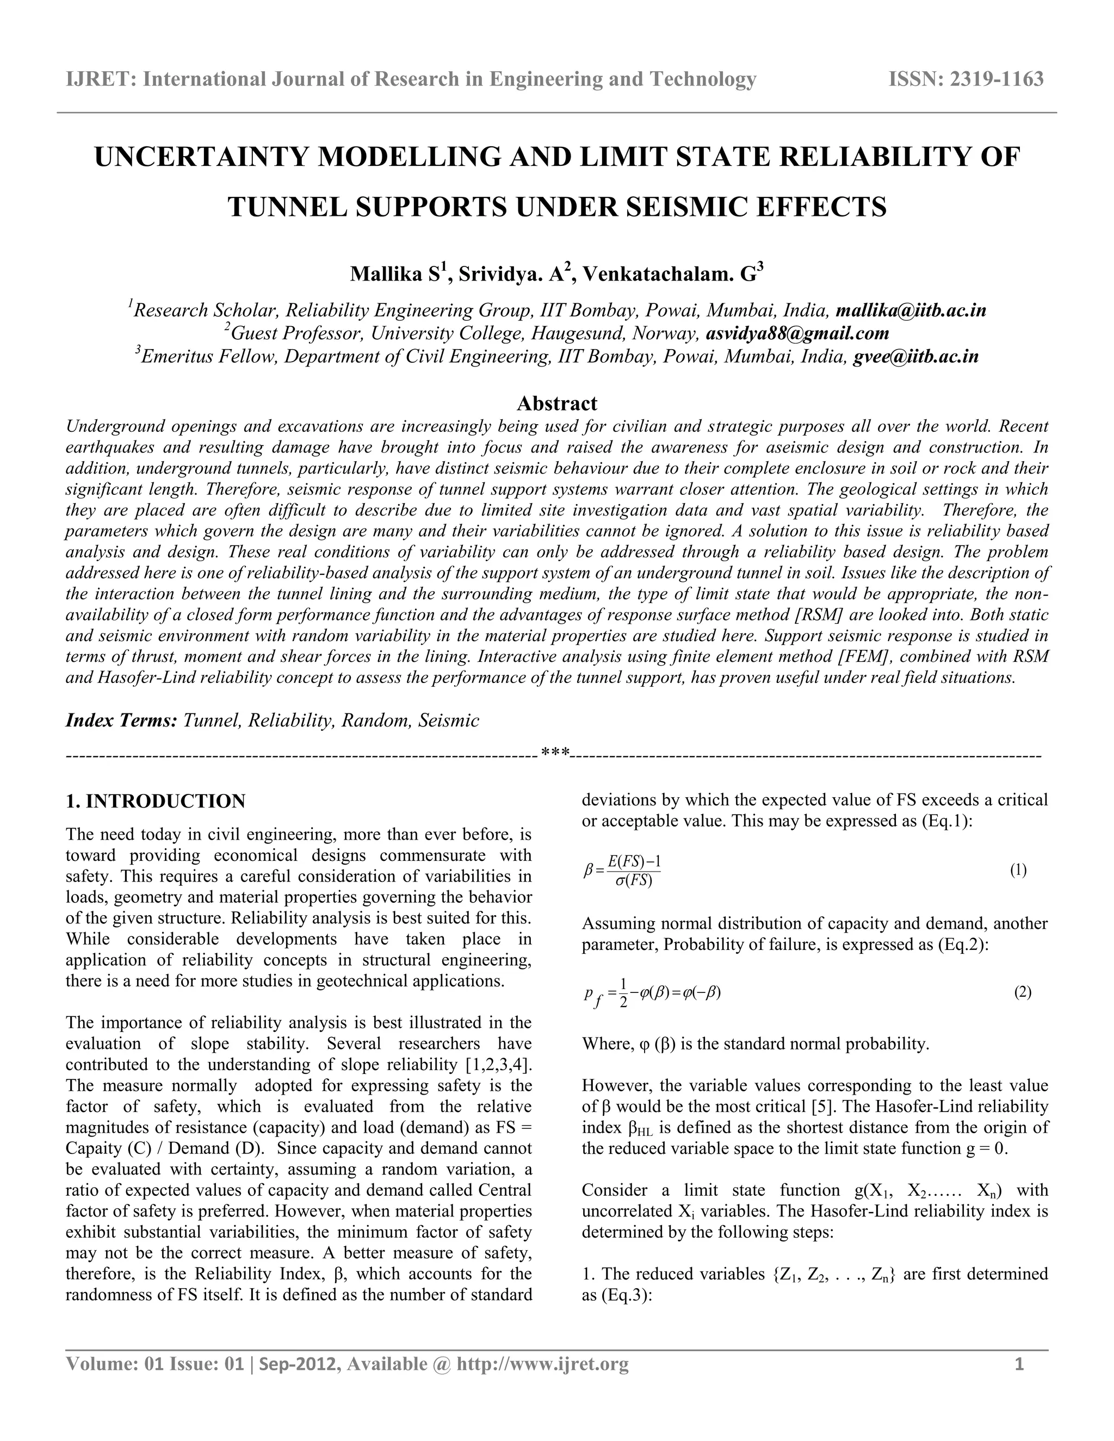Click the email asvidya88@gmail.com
[797, 333]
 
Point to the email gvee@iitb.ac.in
[915, 357]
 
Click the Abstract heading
[556, 403]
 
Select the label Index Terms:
[121, 720]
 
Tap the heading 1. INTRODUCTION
[156, 802]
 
